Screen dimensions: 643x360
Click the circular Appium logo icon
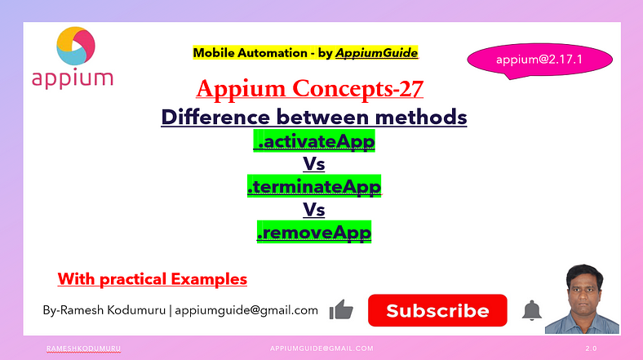click(x=76, y=46)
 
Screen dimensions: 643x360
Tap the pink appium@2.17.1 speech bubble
click(x=539, y=60)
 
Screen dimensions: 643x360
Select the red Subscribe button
click(x=437, y=310)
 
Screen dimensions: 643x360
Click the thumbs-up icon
click(x=341, y=309)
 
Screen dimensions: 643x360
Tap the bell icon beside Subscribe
click(x=531, y=310)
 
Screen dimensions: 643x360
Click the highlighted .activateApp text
click(x=314, y=141)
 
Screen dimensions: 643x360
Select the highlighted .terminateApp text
click(x=314, y=186)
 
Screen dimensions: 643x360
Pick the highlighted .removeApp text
click(x=314, y=232)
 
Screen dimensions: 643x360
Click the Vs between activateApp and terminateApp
click(x=314, y=163)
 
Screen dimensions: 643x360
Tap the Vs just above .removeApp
click(x=314, y=210)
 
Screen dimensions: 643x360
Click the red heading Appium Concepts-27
click(x=309, y=88)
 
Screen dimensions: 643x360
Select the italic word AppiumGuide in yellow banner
click(x=376, y=53)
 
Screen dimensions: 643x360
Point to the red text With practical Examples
click(x=152, y=279)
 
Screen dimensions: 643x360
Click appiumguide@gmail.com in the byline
click(x=246, y=310)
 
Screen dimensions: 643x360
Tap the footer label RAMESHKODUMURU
click(x=83, y=349)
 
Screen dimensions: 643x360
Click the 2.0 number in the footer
click(x=591, y=349)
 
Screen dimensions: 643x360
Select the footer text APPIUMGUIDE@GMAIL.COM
click(x=322, y=349)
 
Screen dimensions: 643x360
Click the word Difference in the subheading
click(x=215, y=118)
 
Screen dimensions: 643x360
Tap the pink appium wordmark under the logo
click(x=73, y=78)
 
